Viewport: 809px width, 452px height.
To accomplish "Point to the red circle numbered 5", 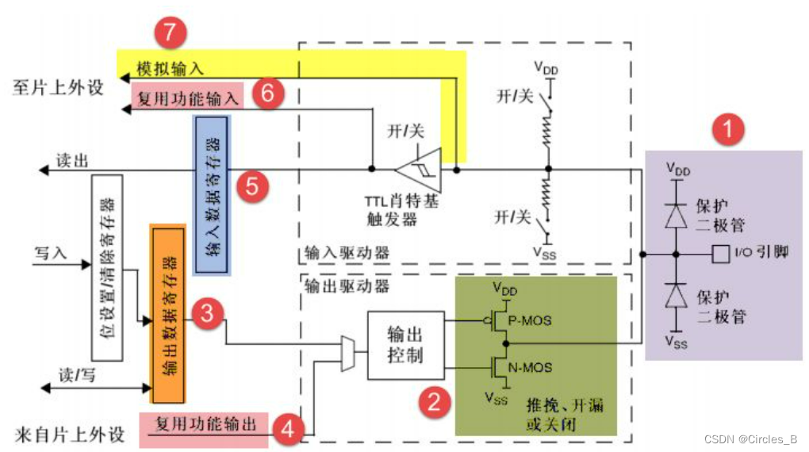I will point(252,186).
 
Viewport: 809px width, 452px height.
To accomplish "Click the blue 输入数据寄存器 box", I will point(212,195).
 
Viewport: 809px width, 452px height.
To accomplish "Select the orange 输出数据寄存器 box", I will point(167,313).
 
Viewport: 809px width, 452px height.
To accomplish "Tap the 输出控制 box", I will point(404,345).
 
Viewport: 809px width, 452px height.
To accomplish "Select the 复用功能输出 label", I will point(206,424).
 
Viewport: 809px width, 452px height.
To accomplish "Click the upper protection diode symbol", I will point(675,215).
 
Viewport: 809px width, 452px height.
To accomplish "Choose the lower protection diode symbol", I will point(675,295).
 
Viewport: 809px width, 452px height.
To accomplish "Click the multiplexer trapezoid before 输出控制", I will point(347,353).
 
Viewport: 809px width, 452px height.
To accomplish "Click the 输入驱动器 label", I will point(347,253).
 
